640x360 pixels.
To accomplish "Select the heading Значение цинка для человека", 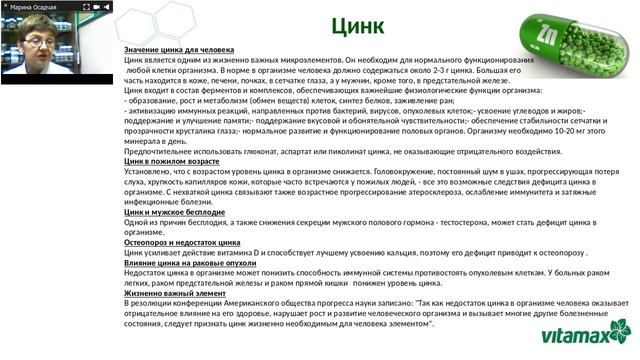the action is tap(179, 50).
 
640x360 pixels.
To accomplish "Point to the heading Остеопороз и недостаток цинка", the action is tap(182, 242).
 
